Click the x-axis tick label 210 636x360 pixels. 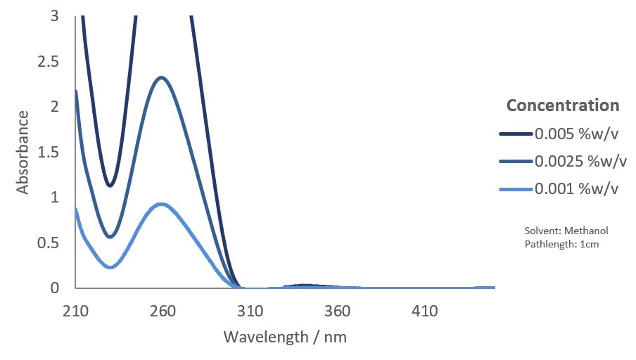point(75,311)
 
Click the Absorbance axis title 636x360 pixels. point(23,152)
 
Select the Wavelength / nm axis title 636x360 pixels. point(285,337)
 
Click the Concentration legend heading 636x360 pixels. point(563,105)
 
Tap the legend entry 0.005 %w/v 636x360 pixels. point(576,134)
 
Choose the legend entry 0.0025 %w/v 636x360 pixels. point(580,161)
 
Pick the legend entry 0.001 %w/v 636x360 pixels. point(576,188)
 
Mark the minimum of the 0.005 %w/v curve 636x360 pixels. point(110,186)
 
